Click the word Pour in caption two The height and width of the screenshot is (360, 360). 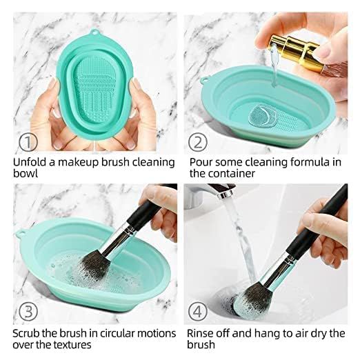(x=201, y=162)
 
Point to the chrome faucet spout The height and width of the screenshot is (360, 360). (x=219, y=190)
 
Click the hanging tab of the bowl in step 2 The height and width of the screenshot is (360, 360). (x=203, y=81)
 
